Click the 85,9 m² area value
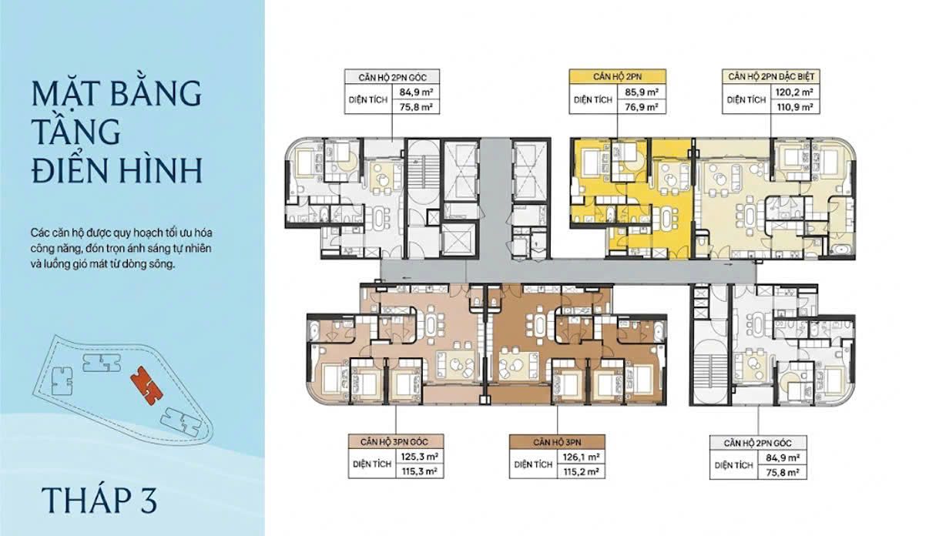click(x=642, y=92)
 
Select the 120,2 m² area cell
click(x=794, y=92)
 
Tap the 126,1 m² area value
click(x=581, y=457)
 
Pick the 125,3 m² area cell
click(x=419, y=457)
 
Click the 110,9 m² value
click(x=794, y=107)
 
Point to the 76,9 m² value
click(x=642, y=107)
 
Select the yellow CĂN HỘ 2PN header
click(x=617, y=77)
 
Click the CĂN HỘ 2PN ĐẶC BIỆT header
click(x=771, y=77)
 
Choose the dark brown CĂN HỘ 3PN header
click(x=557, y=442)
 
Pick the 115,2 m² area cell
click(x=581, y=472)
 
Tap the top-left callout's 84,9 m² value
click(x=416, y=92)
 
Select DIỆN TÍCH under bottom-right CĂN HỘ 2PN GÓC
click(x=733, y=465)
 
